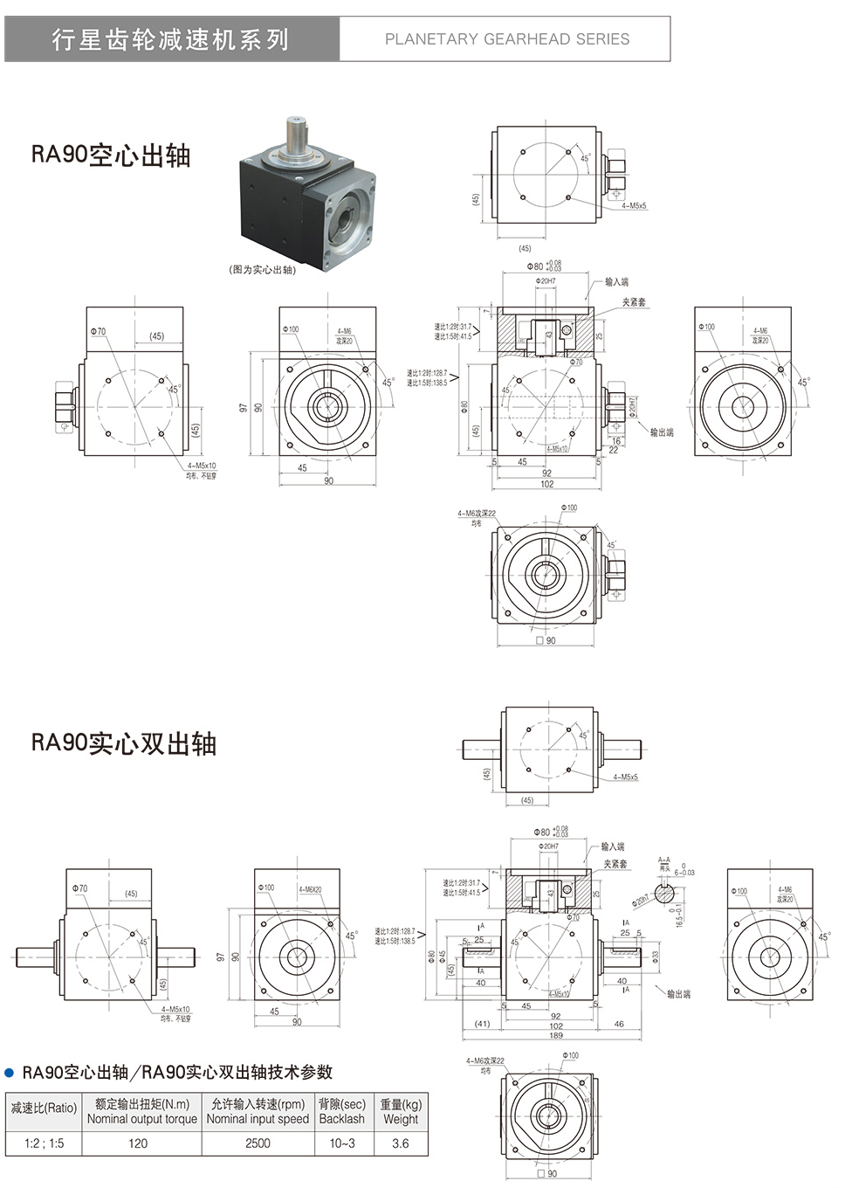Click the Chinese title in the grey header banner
coord(170,39)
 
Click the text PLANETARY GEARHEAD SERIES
coord(506,39)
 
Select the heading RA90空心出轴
coord(111,155)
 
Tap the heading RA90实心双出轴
coord(124,743)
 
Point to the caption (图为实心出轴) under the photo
coord(262,270)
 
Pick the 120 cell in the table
coord(138,1143)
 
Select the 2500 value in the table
coord(258,1143)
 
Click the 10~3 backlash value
coord(342,1143)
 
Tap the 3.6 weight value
coord(401,1143)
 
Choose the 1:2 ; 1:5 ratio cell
coord(44,1143)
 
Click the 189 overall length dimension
coord(555,1036)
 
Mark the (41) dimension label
coord(482,1024)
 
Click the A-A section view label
coord(664,861)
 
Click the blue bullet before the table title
coord(10,1073)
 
